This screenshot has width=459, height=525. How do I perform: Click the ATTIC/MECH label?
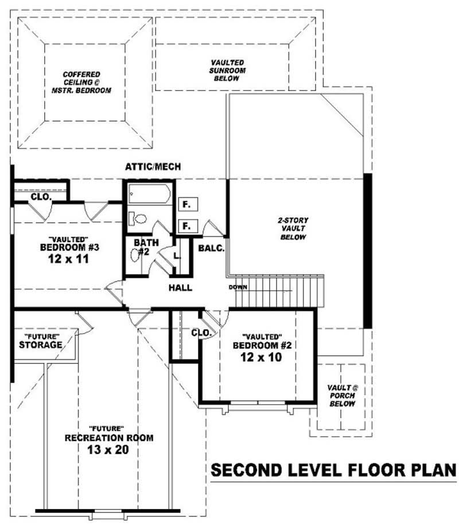pos(153,167)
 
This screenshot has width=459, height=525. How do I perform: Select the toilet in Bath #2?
pos(138,218)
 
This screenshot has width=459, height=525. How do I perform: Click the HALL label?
pos(180,288)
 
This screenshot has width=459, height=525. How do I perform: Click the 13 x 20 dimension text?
pos(108,449)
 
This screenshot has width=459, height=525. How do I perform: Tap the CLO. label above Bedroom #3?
pos(41,197)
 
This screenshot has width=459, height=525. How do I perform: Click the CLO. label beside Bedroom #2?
pos(201,332)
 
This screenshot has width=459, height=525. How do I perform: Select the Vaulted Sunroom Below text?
pos(227,70)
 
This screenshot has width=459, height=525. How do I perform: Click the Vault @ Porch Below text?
pos(343,395)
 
